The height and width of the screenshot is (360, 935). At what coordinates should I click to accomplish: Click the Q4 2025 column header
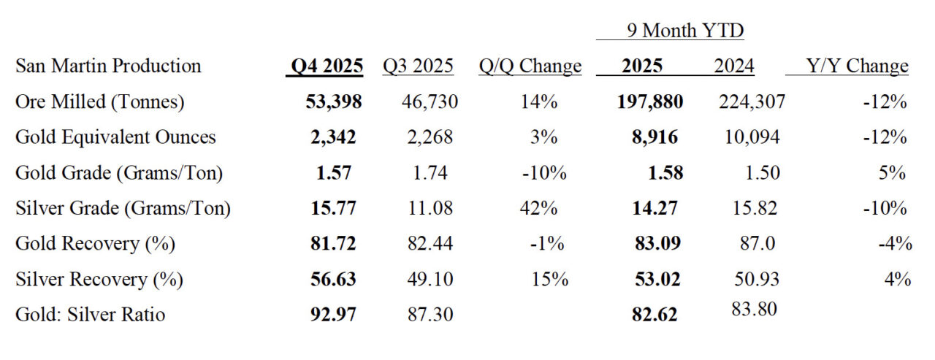[327, 66]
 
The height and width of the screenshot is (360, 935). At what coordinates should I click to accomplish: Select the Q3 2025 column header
[418, 66]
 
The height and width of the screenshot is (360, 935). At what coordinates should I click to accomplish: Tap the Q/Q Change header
[530, 66]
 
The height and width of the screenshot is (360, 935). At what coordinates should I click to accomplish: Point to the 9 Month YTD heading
[685, 31]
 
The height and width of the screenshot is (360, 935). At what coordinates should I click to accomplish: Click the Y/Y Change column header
[858, 66]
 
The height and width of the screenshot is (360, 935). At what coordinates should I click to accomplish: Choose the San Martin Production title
[108, 66]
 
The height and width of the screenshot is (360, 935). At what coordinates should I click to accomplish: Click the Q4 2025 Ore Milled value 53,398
[334, 102]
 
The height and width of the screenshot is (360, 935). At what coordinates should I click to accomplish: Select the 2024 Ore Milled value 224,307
[752, 102]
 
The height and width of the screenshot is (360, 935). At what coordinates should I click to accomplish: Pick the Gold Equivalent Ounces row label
[115, 137]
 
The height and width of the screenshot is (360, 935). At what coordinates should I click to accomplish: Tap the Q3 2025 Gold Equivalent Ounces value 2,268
[430, 137]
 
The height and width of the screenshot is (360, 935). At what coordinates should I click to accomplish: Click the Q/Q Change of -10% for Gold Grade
[544, 173]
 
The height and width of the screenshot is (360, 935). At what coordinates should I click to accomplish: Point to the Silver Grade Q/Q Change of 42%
[538, 208]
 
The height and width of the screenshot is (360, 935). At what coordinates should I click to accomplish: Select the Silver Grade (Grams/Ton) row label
[123, 208]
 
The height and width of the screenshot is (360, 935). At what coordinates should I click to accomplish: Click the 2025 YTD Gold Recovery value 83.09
[658, 243]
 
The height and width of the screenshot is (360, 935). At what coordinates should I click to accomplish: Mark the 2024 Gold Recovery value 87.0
[757, 243]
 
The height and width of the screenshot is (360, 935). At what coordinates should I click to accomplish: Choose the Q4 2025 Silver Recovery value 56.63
[333, 279]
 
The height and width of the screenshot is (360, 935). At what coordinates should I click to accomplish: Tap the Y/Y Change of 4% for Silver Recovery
[898, 279]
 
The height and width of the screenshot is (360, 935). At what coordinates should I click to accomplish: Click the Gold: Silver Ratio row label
[90, 315]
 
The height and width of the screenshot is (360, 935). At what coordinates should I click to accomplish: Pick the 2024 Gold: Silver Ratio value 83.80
[754, 309]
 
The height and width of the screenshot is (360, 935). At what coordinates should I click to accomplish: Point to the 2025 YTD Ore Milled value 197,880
[650, 102]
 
